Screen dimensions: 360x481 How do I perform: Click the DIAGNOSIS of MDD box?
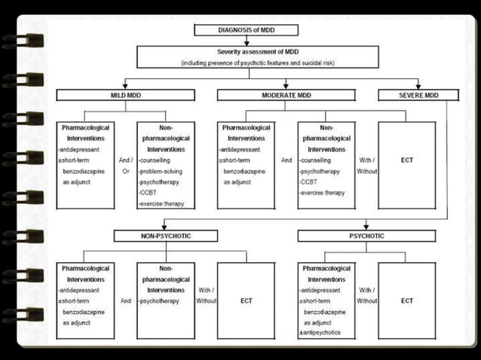(246, 30)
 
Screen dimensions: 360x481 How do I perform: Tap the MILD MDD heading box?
(125, 96)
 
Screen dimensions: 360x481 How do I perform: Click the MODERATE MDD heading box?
(286, 96)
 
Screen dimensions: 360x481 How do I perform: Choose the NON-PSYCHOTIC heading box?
(163, 236)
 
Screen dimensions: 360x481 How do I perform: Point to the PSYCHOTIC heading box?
(366, 236)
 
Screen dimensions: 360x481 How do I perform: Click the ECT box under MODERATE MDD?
(407, 160)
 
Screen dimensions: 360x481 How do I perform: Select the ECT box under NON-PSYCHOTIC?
(246, 301)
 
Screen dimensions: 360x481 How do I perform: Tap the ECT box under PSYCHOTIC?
(407, 301)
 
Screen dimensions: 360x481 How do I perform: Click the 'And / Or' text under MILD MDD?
(125, 166)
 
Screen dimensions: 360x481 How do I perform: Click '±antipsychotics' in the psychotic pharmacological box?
(321, 332)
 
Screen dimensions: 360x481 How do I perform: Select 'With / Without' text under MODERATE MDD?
(367, 166)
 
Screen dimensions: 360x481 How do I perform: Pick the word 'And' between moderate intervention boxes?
(286, 160)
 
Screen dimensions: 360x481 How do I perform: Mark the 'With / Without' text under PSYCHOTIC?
(367, 295)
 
